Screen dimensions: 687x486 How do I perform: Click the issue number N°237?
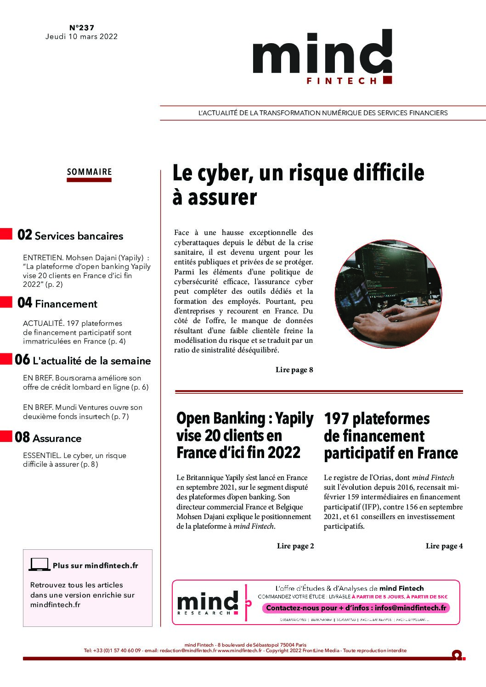pyautogui.click(x=81, y=28)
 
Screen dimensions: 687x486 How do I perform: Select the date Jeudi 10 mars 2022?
pyautogui.click(x=81, y=37)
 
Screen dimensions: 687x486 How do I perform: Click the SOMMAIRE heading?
pyautogui.click(x=89, y=172)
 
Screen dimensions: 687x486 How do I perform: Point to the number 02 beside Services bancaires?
pyautogui.click(x=25, y=235)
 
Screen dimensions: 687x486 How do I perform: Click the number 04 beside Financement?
pyautogui.click(x=25, y=303)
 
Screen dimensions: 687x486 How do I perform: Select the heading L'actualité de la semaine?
pyautogui.click(x=92, y=361)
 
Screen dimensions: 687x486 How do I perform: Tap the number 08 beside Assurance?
pyautogui.click(x=23, y=438)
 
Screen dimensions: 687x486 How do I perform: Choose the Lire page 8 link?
pyautogui.click(x=294, y=369)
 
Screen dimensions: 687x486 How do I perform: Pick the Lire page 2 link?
pyautogui.click(x=295, y=546)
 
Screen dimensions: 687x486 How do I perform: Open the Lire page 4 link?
pyautogui.click(x=444, y=546)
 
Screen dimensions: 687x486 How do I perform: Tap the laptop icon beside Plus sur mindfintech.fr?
pyautogui.click(x=40, y=564)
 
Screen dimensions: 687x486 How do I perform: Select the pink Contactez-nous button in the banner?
pyautogui.click(x=356, y=608)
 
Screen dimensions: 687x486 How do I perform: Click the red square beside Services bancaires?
pyautogui.click(x=6, y=234)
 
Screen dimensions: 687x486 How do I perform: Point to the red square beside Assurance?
pyautogui.click(x=6, y=436)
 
